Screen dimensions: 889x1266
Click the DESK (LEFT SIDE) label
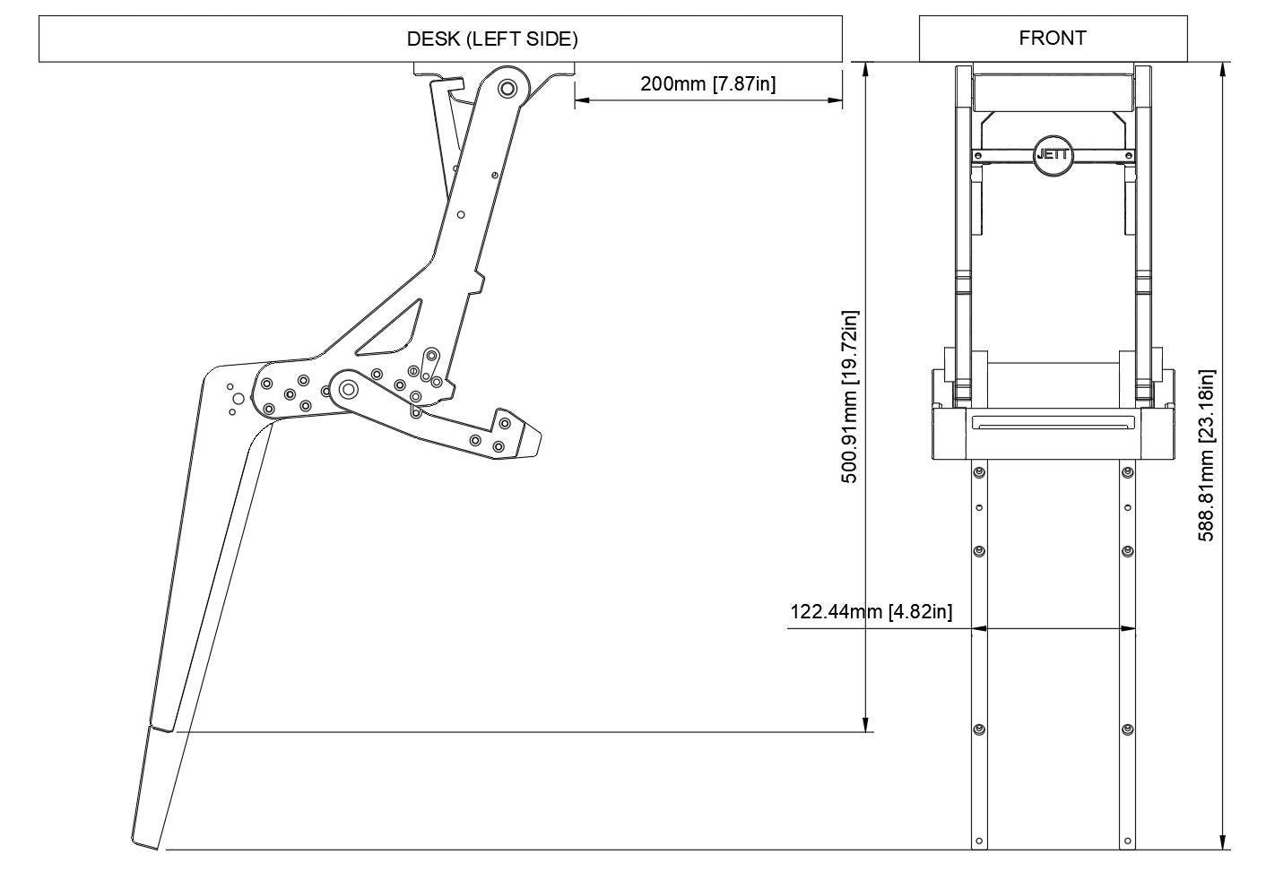[492, 39]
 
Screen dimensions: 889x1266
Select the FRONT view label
[1053, 38]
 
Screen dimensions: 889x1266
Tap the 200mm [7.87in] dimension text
[707, 84]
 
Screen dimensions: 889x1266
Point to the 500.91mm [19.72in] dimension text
[850, 397]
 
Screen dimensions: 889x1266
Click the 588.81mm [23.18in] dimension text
[1207, 456]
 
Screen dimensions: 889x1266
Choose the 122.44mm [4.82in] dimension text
[871, 612]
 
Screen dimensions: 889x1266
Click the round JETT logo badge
[1052, 154]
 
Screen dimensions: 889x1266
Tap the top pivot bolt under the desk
[507, 89]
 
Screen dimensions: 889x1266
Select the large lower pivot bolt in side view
[347, 390]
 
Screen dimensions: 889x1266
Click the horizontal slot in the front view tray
[1052, 422]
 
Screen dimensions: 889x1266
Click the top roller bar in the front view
[1052, 91]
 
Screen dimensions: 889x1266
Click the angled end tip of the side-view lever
[535, 442]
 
